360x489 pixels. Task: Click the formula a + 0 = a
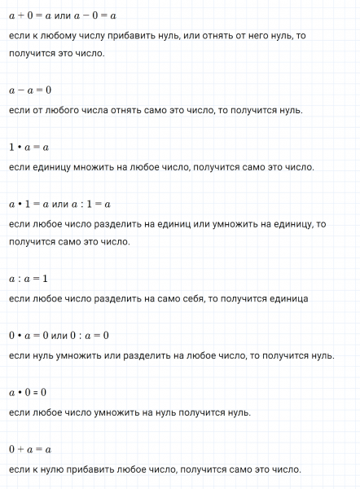pos(30,14)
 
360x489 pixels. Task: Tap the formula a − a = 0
pos(30,90)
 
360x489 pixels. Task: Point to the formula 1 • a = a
pos(29,147)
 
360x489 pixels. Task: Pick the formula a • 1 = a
pos(30,204)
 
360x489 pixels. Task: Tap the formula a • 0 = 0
pos(29,392)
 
